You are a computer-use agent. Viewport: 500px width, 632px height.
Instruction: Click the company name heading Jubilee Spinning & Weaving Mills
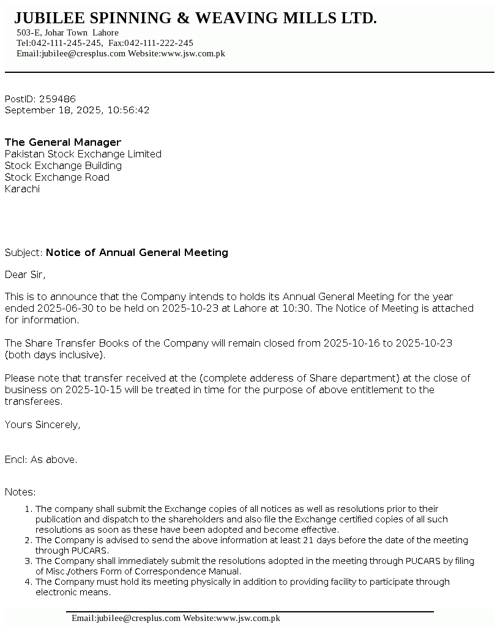tap(195, 18)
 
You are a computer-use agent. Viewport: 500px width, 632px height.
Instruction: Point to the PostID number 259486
tap(58, 99)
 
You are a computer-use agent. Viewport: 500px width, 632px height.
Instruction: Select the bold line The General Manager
tap(63, 142)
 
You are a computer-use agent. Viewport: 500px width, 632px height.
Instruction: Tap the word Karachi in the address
tap(22, 189)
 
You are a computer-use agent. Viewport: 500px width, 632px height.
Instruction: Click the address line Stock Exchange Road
tap(57, 177)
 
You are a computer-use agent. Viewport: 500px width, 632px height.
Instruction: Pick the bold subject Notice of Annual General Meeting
tap(137, 252)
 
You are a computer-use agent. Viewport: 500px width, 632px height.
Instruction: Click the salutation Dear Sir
tap(25, 274)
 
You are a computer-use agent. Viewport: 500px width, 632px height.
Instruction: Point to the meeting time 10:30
tap(297, 308)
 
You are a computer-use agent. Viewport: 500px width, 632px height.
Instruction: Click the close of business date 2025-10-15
tap(78, 389)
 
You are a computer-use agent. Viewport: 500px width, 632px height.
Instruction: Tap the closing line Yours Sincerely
tap(42, 424)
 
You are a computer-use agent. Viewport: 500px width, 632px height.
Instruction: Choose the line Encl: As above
tap(41, 459)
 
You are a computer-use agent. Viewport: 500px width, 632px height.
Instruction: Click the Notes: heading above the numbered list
tap(20, 492)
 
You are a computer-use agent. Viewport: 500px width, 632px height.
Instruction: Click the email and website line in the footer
tap(176, 619)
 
